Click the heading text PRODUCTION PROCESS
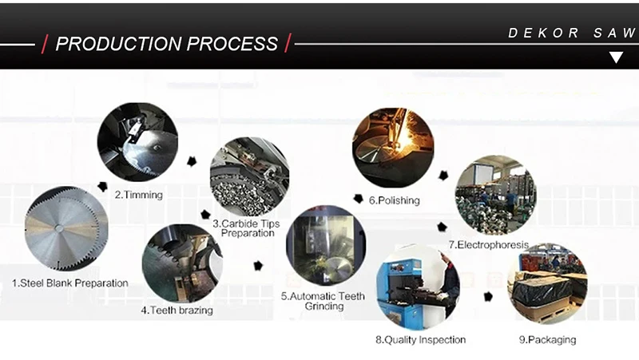(x=166, y=44)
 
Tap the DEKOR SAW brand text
(x=571, y=34)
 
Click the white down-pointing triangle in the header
(x=615, y=57)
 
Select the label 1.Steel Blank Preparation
(x=69, y=283)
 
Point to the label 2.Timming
(x=138, y=194)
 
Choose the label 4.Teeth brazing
(x=177, y=310)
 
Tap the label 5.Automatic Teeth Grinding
(x=323, y=301)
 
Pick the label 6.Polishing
(x=394, y=200)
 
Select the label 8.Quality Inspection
(x=420, y=340)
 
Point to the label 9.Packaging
(x=546, y=340)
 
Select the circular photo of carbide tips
(x=248, y=176)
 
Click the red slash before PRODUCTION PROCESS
(x=44, y=44)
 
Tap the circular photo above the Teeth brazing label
(x=181, y=263)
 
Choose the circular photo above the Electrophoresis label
(x=494, y=195)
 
